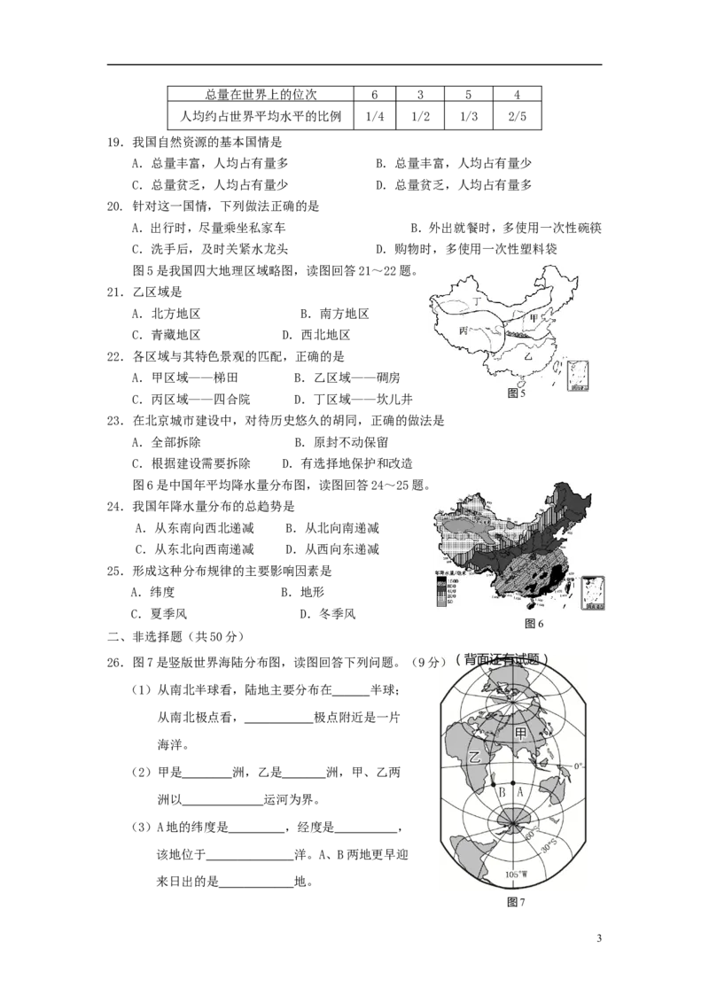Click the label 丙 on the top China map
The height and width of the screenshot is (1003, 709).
464,330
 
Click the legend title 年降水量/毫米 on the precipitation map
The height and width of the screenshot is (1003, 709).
446,573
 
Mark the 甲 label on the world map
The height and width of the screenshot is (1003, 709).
521,734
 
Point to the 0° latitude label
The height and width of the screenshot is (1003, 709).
580,766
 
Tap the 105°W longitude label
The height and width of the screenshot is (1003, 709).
517,875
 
